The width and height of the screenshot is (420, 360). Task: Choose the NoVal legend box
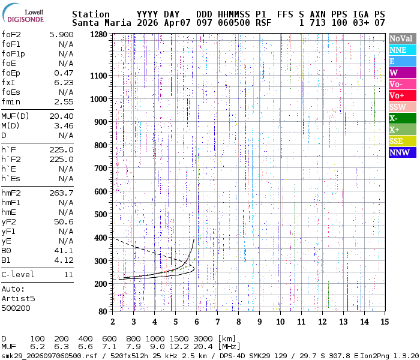401,38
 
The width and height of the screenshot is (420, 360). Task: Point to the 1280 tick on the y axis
99,35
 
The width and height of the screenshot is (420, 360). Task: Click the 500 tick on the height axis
101,214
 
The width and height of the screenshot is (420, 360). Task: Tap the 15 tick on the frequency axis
384,321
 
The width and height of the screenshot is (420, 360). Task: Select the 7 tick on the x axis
217,321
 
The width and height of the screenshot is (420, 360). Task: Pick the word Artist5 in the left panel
18,298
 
